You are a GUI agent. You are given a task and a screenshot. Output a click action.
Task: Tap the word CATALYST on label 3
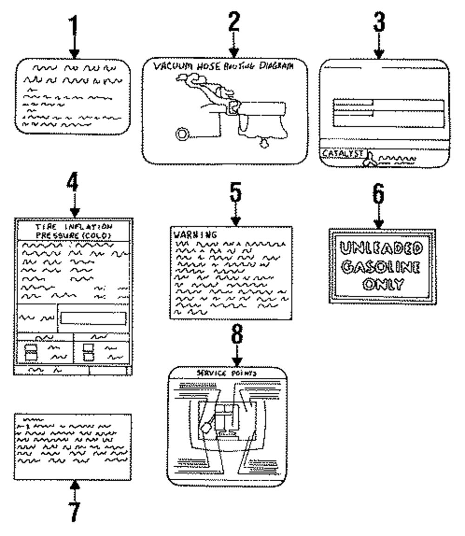point(341,153)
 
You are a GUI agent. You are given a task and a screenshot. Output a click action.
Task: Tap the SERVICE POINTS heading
point(226,373)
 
